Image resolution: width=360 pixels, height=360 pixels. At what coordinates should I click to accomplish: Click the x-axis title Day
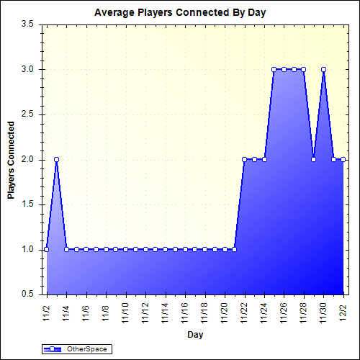click(194, 335)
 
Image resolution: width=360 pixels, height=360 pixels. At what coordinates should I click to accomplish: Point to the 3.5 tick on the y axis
click(28, 24)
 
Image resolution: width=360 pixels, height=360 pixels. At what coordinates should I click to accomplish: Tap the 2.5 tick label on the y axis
click(28, 114)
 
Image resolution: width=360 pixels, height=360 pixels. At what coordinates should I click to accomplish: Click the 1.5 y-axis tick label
click(28, 204)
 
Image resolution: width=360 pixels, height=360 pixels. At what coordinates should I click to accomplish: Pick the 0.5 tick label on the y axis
click(28, 294)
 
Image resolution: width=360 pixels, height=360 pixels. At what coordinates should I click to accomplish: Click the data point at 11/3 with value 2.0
click(56, 159)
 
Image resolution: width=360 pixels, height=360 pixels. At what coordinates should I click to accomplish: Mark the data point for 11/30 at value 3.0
click(324, 69)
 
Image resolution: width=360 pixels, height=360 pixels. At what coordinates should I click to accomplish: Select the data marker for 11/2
click(47, 249)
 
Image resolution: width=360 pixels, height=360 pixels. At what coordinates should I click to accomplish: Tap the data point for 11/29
click(314, 159)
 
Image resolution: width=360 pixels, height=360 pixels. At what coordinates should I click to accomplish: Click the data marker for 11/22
click(245, 159)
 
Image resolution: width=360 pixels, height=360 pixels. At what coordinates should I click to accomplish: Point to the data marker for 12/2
click(343, 159)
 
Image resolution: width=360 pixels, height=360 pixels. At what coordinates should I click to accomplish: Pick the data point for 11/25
click(274, 69)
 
